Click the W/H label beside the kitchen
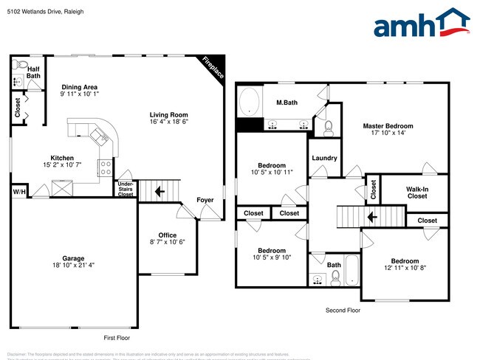pos(18,192)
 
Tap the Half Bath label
pos(34,72)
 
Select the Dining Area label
pos(80,90)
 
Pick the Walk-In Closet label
pos(416,192)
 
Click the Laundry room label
pos(325,158)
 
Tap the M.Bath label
pos(287,103)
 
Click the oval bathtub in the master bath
pos(250,101)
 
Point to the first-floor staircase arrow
pos(159,192)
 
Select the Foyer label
pos(205,200)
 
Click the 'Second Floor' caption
pos(343,311)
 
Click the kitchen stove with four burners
pos(106,166)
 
